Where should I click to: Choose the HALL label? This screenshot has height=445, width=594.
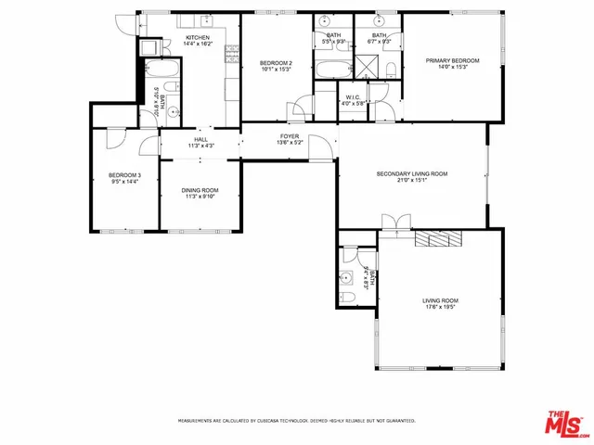click(x=200, y=139)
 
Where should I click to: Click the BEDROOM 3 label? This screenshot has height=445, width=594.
click(x=124, y=175)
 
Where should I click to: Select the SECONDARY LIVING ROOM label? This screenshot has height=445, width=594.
click(x=411, y=173)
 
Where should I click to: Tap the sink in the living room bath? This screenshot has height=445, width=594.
click(x=346, y=276)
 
